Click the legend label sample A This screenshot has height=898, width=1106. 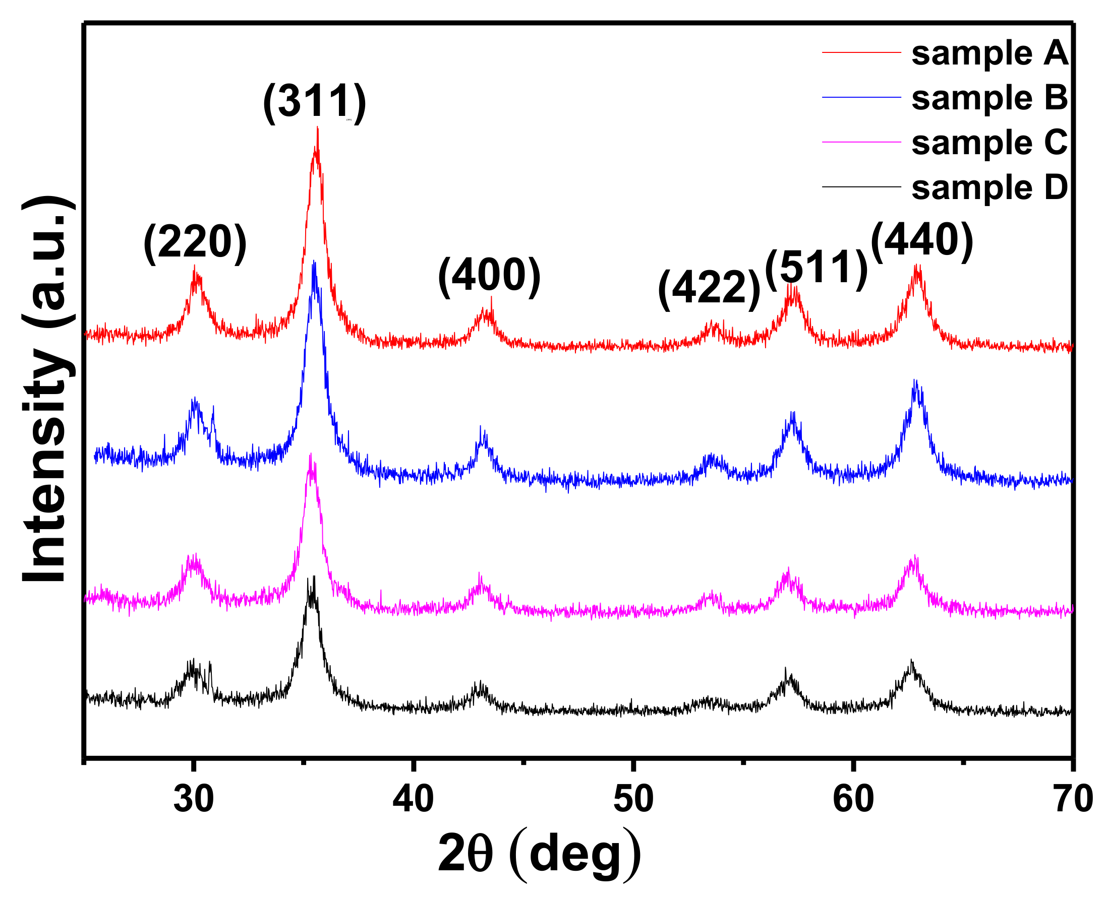(989, 53)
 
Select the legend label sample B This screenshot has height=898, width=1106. (989, 98)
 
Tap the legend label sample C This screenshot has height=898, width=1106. (989, 143)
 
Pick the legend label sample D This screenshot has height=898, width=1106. (989, 188)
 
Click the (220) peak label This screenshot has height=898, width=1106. (195, 242)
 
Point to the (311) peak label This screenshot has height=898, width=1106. (314, 102)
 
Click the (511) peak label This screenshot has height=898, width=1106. (816, 269)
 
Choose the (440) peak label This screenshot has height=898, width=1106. (922, 240)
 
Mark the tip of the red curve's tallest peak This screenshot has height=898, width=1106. (317, 127)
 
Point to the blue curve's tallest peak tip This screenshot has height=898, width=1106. (314, 261)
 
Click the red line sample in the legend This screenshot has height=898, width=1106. (861, 52)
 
